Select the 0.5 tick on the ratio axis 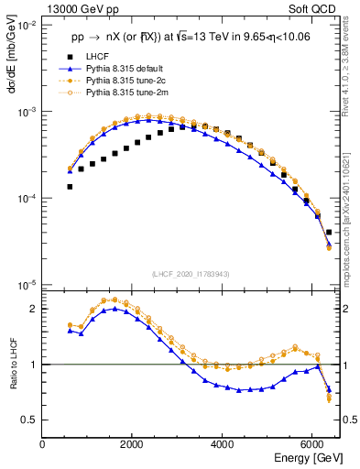[29, 420]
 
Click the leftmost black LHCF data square [70, 187]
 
